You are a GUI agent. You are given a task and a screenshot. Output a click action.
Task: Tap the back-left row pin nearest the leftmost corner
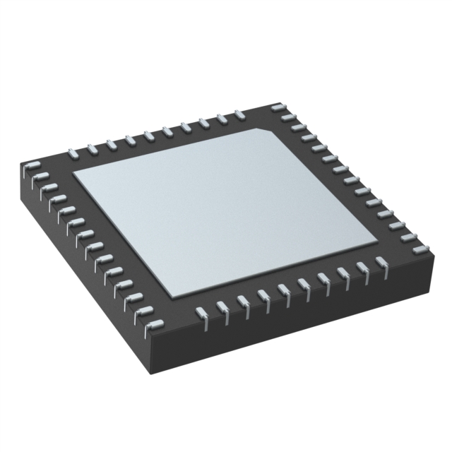coord(73,150)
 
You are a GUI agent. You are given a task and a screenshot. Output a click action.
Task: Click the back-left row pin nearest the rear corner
coord(239,113)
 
